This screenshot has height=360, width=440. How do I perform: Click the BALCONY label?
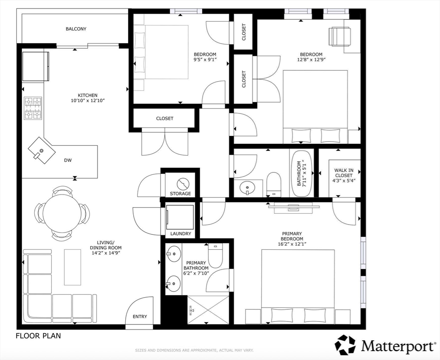(76, 29)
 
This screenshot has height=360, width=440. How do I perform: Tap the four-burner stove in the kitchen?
(33, 108)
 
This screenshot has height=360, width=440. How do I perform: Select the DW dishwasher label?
(68, 160)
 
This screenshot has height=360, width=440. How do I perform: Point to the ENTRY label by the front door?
(140, 316)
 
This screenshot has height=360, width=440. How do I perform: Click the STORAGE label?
(180, 194)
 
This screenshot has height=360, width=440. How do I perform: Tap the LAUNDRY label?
(181, 233)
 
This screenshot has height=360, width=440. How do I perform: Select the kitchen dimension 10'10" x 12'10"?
(88, 101)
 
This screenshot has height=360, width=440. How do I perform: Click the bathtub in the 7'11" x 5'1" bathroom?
(303, 174)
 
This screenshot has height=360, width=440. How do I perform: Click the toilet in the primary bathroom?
(215, 255)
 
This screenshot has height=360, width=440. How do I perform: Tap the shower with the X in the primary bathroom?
(208, 309)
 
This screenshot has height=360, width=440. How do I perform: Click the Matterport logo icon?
(346, 345)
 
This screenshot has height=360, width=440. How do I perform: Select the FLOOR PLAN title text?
(38, 336)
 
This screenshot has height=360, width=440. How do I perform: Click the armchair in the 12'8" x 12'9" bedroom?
(340, 37)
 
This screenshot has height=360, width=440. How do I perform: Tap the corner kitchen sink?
(42, 150)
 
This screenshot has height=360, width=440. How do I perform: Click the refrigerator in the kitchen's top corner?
(36, 67)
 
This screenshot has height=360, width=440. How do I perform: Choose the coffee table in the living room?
(72, 267)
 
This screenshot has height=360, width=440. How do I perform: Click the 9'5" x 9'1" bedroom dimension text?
(205, 60)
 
